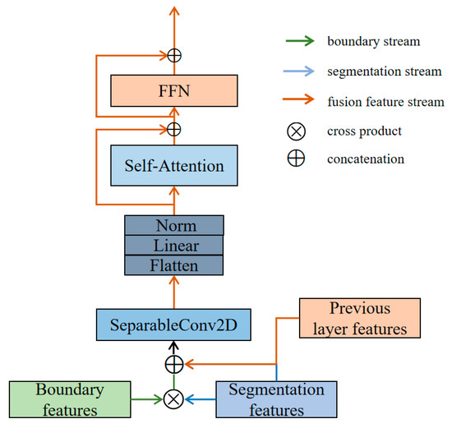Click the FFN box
pyautogui.click(x=173, y=90)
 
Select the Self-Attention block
pyautogui.click(x=173, y=166)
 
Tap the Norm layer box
pyautogui.click(x=173, y=225)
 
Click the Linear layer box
pyautogui.click(x=173, y=245)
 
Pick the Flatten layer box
pyautogui.click(x=173, y=265)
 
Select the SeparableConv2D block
pyautogui.click(x=173, y=324)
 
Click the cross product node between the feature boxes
pyautogui.click(x=173, y=399)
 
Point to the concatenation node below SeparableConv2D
pyautogui.click(x=173, y=362)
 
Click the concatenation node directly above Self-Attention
pyautogui.click(x=173, y=129)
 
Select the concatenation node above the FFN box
pyautogui.click(x=173, y=55)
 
